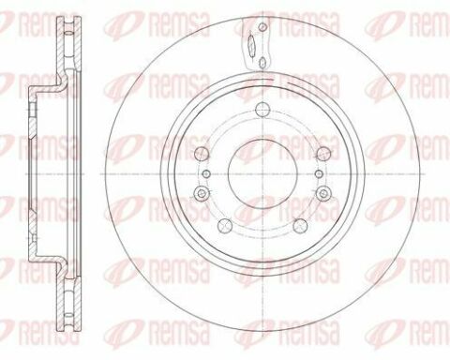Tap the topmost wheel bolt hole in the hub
point(262,109)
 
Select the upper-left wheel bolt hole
point(202,153)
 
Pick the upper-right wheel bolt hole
point(324,153)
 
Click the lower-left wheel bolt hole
point(225,226)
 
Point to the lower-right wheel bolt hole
point(301,226)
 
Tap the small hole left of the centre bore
point(206,173)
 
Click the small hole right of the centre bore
point(319,173)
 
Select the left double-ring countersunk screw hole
point(201,193)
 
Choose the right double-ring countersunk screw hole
point(323,193)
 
